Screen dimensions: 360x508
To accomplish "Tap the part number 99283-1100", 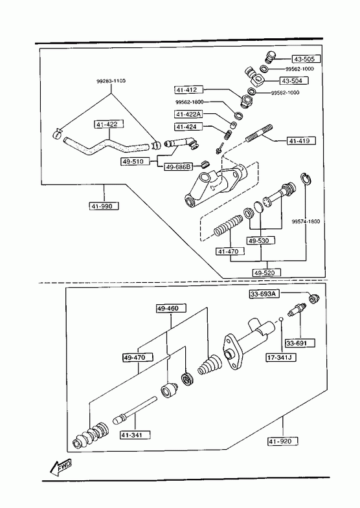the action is pyautogui.click(x=111, y=81).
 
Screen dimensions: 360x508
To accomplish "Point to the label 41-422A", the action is pyautogui.click(x=188, y=114).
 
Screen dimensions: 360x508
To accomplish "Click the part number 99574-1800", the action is pyautogui.click(x=306, y=221).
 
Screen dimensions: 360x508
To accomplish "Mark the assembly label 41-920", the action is pyautogui.click(x=283, y=441).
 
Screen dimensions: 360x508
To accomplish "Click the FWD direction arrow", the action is pyautogui.click(x=61, y=468).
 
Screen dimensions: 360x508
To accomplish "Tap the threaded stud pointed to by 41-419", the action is pyautogui.click(x=259, y=133).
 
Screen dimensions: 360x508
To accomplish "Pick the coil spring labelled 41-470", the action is pyautogui.click(x=228, y=225).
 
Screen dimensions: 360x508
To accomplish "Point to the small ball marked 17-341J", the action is pyautogui.click(x=281, y=320).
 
